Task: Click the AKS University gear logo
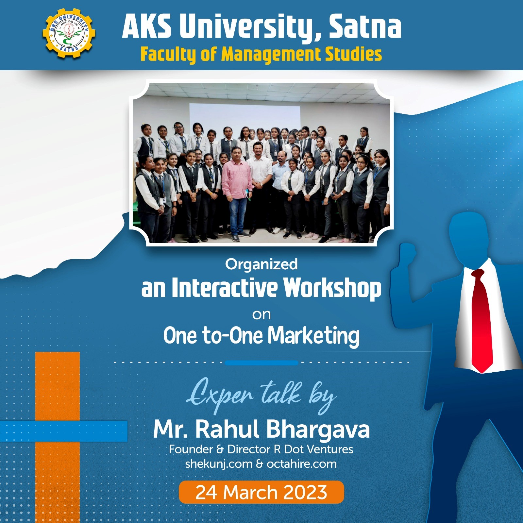coord(69,33)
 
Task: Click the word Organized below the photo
coord(261,264)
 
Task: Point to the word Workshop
coord(332,288)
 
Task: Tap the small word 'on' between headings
coord(261,315)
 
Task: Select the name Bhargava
coord(318,430)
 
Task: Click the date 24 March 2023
coord(261,492)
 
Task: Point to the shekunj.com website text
coord(219,464)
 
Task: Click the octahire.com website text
coord(302,464)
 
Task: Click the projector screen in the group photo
coord(245,118)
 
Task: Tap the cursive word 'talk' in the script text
coord(281,394)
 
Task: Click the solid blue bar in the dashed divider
coord(261,363)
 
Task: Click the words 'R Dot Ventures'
coord(313,449)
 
